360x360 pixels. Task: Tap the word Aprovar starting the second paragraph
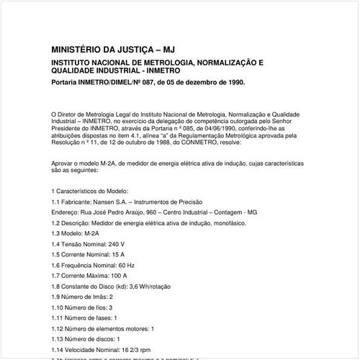pyautogui.click(x=63, y=163)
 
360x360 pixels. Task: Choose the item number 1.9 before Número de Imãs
pyautogui.click(x=57, y=296)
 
